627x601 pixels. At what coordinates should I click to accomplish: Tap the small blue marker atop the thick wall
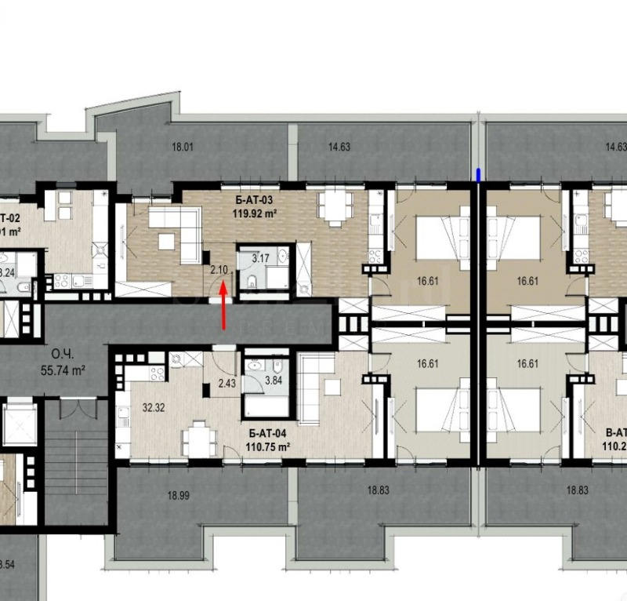pos(479,173)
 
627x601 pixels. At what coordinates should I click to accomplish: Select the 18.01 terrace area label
pos(182,146)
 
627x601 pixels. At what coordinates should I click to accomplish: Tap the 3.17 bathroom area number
pos(260,257)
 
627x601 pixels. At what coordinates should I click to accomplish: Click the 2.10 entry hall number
pos(219,270)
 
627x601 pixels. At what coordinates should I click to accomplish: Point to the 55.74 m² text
pos(61,367)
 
